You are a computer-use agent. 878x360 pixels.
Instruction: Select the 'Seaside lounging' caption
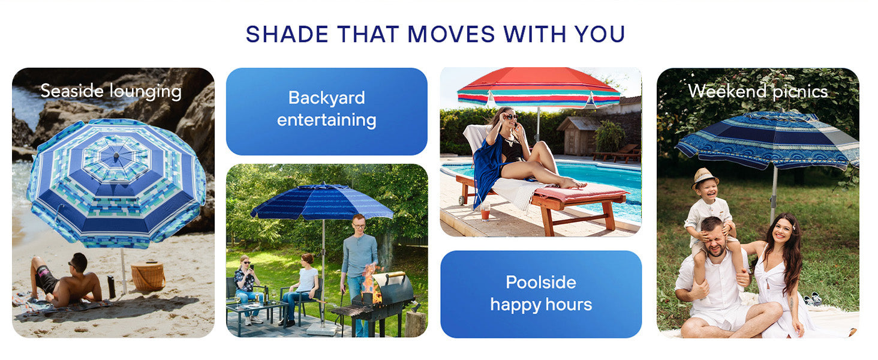pyautogui.click(x=111, y=91)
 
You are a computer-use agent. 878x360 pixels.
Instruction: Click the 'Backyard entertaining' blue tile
pyautogui.click(x=327, y=111)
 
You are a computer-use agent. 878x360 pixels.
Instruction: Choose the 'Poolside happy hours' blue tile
pyautogui.click(x=541, y=293)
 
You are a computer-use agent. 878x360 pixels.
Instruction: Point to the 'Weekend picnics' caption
pyautogui.click(x=758, y=91)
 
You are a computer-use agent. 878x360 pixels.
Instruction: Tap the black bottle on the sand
pyautogui.click(x=112, y=287)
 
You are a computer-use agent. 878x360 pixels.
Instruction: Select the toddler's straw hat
pyautogui.click(x=704, y=177)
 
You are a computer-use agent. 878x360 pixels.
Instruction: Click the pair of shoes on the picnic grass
pyautogui.click(x=812, y=299)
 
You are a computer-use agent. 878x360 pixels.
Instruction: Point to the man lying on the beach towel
pyautogui.click(x=66, y=282)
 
